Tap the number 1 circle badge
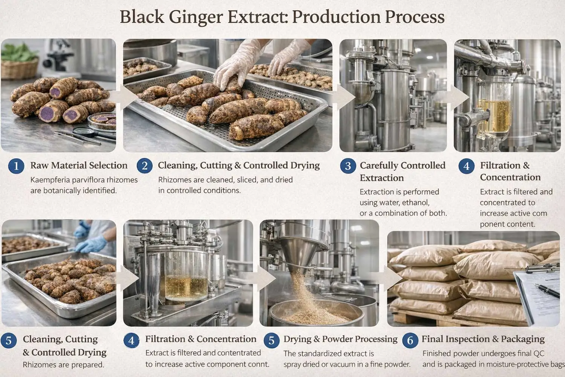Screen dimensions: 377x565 (x=16, y=166)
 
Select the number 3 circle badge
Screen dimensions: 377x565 (x=348, y=166)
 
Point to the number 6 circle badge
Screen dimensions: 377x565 (x=410, y=340)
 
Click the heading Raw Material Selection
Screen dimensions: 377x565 (x=79, y=166)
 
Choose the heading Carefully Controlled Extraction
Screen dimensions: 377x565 (x=402, y=172)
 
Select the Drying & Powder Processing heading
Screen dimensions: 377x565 (x=340, y=339)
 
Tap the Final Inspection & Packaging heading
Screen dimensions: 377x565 (x=483, y=339)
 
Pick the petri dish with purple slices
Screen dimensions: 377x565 (x=101, y=121)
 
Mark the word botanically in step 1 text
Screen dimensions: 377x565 (x=63, y=191)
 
